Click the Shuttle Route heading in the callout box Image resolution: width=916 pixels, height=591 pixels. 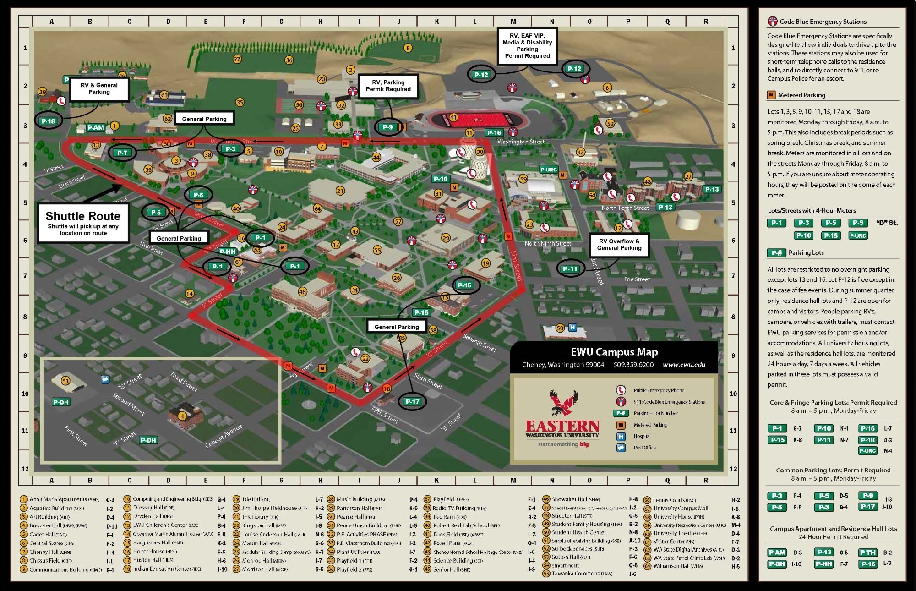(83, 216)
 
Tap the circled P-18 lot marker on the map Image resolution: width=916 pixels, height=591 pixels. (48, 121)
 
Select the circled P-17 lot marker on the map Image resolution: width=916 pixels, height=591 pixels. (412, 401)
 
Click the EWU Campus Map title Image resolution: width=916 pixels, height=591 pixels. (614, 352)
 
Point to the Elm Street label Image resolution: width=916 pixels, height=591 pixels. (516, 266)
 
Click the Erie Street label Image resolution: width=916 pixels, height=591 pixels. (637, 279)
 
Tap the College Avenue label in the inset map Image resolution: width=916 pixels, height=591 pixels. (224, 436)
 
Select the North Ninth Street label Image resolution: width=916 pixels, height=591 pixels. (548, 243)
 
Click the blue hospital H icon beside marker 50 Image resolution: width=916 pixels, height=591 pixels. (572, 327)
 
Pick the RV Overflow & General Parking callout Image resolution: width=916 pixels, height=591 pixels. (619, 245)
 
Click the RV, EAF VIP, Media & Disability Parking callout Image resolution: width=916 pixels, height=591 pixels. (527, 46)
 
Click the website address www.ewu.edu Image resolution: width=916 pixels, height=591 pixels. (684, 365)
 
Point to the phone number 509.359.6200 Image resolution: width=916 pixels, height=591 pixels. (633, 365)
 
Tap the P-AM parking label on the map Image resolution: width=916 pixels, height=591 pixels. (95, 128)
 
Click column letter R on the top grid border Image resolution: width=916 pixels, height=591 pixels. (706, 21)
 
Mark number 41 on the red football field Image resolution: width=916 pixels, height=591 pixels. (453, 117)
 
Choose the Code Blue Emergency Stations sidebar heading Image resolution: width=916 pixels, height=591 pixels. (823, 22)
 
